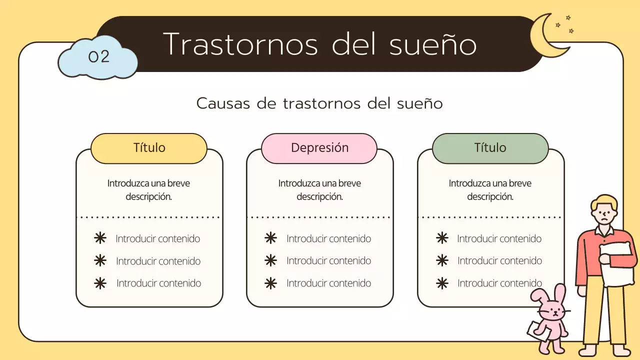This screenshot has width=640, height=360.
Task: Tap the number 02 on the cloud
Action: tap(98, 56)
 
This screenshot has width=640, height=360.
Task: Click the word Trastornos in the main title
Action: tap(240, 44)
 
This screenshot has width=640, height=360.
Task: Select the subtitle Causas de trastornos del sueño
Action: tap(319, 103)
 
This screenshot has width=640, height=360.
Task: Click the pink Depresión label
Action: tap(319, 148)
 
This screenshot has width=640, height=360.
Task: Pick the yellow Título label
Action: tap(149, 148)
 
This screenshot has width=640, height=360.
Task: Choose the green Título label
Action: tap(490, 148)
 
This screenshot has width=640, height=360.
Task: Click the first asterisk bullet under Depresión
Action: tap(270, 238)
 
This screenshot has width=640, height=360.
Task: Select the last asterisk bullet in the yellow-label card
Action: tap(100, 283)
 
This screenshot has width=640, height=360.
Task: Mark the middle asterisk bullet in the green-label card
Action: tap(442, 260)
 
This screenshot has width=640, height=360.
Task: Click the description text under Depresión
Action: tap(319, 190)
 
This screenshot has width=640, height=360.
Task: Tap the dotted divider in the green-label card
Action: tap(490, 217)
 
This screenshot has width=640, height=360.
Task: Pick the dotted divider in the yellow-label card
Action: tap(149, 217)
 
